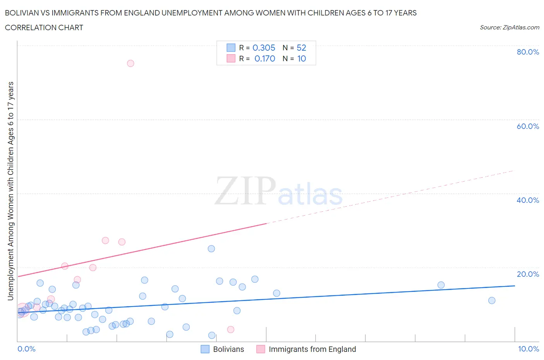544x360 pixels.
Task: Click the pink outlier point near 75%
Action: (x=130, y=63)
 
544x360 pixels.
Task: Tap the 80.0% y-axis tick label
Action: (x=528, y=52)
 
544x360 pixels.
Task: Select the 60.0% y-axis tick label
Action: (x=528, y=126)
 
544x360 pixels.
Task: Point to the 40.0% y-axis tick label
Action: (x=528, y=200)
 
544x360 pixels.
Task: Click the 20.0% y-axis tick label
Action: (x=528, y=274)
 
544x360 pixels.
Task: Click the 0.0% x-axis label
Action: (x=26, y=349)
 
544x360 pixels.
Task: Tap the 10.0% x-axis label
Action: (x=529, y=349)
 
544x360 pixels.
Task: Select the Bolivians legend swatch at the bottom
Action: (x=205, y=349)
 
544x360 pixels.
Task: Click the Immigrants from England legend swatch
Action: (x=261, y=349)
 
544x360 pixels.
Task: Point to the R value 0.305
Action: (x=264, y=48)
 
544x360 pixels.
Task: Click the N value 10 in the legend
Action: (x=301, y=58)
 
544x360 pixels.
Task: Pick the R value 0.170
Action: (x=265, y=58)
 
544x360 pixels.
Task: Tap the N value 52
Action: (x=301, y=48)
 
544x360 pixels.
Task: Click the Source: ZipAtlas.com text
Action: (x=509, y=27)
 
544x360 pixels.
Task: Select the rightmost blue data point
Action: (x=492, y=300)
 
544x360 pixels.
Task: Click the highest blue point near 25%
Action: (x=211, y=249)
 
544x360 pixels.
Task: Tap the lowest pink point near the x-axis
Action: (x=231, y=329)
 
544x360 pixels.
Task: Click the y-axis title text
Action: (x=10, y=191)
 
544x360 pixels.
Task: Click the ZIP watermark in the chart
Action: (x=245, y=190)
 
